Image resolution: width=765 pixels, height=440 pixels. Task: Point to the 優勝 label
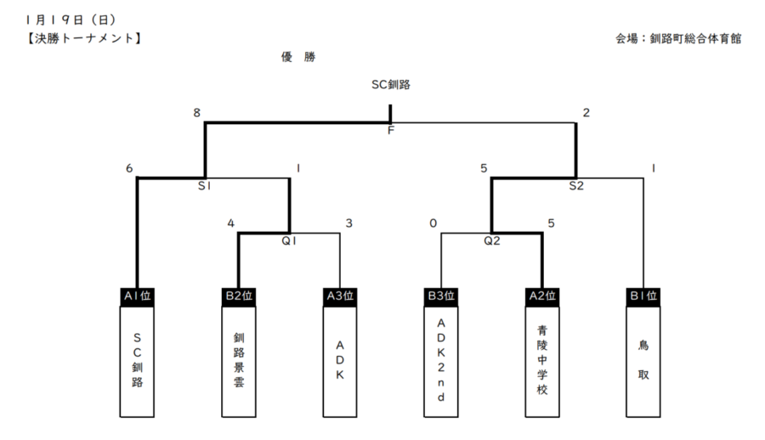[298, 58]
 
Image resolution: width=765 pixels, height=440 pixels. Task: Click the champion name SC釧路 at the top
[391, 84]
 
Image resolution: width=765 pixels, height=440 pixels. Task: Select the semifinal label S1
[205, 184]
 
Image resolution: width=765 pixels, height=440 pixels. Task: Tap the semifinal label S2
[576, 184]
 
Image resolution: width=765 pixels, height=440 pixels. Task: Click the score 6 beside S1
[129, 168]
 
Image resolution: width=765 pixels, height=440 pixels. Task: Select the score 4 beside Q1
[230, 223]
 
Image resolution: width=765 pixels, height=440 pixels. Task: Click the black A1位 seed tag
[137, 296]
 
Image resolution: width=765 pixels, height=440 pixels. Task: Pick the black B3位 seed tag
[440, 296]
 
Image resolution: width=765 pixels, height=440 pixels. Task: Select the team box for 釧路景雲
[238, 361]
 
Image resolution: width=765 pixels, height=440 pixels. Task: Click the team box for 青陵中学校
[541, 361]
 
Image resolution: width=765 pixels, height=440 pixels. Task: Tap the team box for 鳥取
[643, 361]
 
